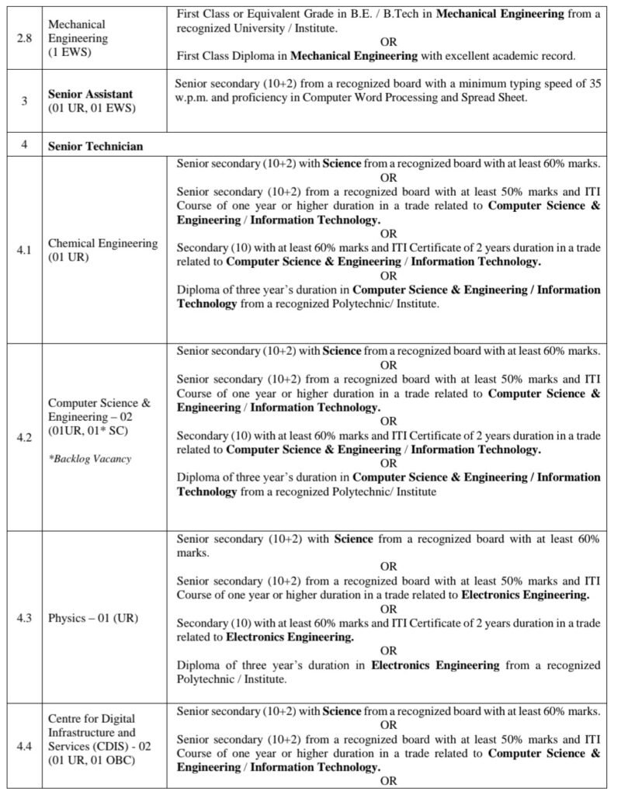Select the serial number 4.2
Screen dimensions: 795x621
24,438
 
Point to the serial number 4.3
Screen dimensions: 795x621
24,618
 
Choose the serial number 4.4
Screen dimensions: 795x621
24,746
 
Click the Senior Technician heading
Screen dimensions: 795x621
95,146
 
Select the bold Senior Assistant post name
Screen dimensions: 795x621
90,94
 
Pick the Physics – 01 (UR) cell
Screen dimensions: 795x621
92,618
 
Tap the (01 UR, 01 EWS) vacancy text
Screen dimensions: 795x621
90,107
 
